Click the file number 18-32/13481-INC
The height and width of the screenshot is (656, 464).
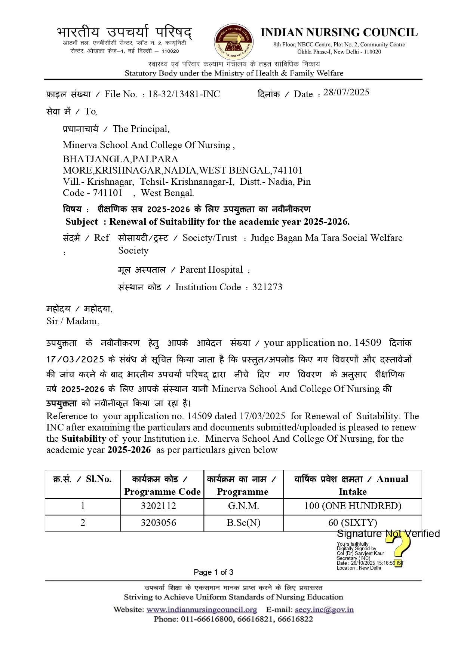click(x=184, y=94)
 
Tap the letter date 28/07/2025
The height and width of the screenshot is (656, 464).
click(x=346, y=92)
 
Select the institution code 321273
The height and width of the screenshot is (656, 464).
click(x=267, y=287)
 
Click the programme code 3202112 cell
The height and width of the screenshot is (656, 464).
click(x=159, y=506)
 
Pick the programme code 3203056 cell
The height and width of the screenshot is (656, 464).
click(x=159, y=522)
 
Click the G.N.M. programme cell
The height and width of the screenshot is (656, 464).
click(x=243, y=506)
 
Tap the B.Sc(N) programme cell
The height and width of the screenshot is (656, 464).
click(x=243, y=522)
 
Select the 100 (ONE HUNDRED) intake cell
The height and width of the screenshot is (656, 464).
click(x=353, y=506)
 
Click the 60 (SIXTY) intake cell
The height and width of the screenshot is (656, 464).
click(x=353, y=522)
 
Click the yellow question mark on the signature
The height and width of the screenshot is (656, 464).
click(x=399, y=550)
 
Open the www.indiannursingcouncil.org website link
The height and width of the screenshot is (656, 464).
click(x=202, y=610)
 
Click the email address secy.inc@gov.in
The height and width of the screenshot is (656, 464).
click(x=324, y=610)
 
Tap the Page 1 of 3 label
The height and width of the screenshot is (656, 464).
click(x=213, y=572)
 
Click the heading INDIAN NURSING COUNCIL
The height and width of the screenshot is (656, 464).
click(x=339, y=33)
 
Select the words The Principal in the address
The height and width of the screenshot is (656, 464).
click(x=141, y=129)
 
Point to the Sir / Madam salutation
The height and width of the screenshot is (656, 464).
click(x=73, y=321)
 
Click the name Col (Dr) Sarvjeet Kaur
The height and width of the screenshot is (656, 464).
click(x=360, y=553)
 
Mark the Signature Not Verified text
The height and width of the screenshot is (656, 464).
click(x=388, y=534)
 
